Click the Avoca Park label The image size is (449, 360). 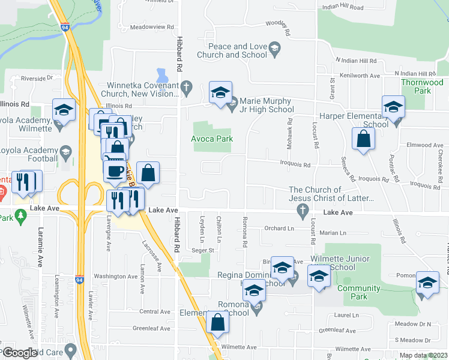point(212,139)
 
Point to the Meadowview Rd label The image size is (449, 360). point(152,28)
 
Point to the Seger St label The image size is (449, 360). point(203,250)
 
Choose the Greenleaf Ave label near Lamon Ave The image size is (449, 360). point(152,328)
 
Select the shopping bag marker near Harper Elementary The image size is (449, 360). point(364,139)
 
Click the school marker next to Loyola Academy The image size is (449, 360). point(63,110)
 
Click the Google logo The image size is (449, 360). point(20,353)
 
